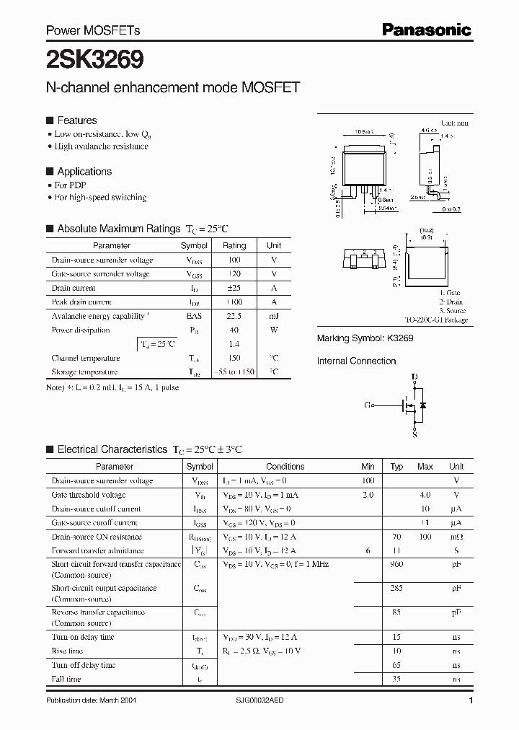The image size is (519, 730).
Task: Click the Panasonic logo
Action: [426, 30]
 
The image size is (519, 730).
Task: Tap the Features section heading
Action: [76, 120]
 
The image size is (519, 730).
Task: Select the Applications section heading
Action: [84, 172]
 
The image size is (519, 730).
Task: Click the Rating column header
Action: [234, 245]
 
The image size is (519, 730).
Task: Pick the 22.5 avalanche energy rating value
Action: [234, 316]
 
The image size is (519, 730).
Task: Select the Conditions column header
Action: [285, 467]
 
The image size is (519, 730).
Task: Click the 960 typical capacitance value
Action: [396, 564]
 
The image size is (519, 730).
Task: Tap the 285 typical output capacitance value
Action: [396, 588]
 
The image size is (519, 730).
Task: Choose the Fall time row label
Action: [66, 679]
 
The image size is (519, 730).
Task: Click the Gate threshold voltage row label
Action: [89, 495]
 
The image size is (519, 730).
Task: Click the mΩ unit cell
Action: [456, 537]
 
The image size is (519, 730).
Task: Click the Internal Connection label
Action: [356, 361]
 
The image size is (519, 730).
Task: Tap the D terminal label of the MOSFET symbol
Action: [414, 377]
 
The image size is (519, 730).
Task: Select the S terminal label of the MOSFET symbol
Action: [414, 435]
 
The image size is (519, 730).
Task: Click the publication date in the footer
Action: [91, 700]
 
